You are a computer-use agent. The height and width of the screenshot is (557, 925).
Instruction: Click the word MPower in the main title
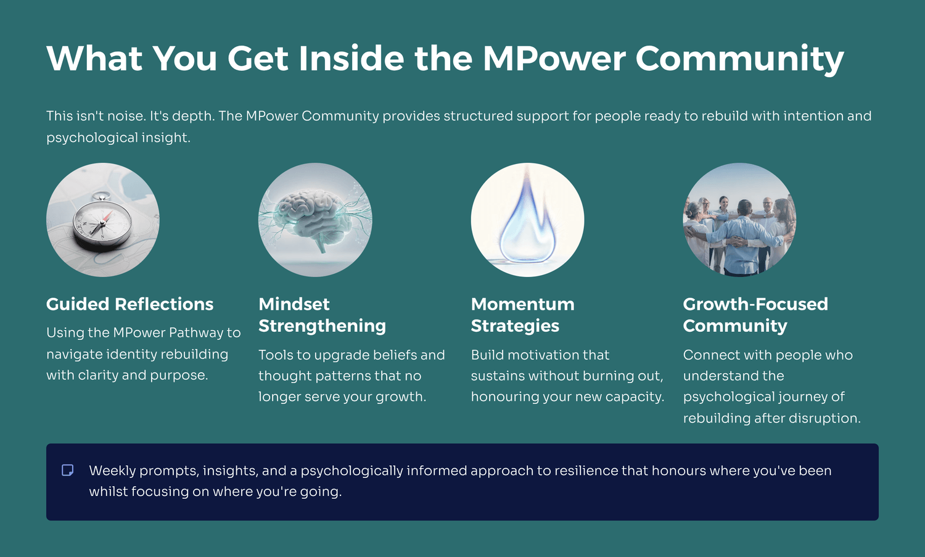554,58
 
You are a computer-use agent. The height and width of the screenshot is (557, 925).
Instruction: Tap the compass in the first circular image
102,223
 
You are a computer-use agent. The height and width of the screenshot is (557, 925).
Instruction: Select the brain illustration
315,220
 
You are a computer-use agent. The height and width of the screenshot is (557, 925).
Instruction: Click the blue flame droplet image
527,220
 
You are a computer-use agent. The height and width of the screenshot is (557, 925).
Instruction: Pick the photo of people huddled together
739,220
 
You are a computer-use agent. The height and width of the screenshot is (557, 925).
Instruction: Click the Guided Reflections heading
129,304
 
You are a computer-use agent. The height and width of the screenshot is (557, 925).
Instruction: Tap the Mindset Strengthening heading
322,315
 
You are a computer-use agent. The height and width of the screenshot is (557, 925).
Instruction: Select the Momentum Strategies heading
523,315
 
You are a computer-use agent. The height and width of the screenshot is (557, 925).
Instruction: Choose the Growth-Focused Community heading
755,315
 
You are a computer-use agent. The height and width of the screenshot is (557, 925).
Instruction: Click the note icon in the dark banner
67,470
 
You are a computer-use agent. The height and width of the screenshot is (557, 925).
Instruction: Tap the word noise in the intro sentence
126,116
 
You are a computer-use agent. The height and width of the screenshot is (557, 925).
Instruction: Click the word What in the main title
94,58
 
